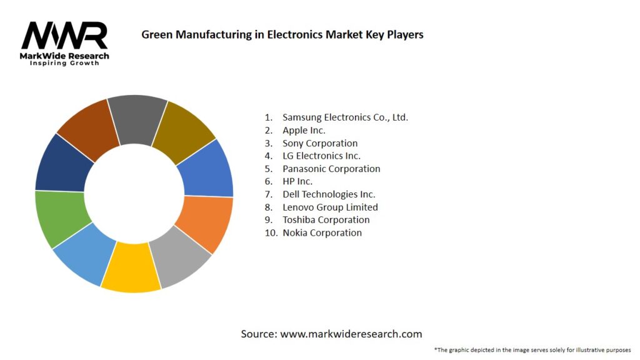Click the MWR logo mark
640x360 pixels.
[64, 36]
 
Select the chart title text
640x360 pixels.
[282, 35]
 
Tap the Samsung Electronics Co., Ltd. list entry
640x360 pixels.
[345, 117]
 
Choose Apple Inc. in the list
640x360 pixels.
[304, 130]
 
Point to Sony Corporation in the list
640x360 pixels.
[320, 143]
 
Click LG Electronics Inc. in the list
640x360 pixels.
[321, 156]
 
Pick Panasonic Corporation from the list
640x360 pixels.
[331, 169]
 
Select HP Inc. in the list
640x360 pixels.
[297, 181]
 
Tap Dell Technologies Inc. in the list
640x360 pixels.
[329, 194]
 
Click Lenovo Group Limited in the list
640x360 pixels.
[330, 207]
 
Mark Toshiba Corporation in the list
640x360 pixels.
[326, 220]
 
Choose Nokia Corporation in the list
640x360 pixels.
[322, 232]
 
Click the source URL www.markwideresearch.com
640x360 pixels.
[351, 334]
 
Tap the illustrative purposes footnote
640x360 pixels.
[532, 349]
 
